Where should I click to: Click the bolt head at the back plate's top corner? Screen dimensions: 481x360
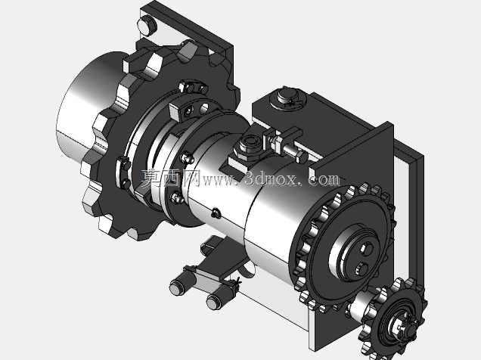(147, 25)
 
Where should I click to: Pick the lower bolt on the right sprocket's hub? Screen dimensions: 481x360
(362, 269)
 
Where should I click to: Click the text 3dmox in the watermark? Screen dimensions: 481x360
(272, 178)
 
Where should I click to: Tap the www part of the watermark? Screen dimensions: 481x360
(219, 180)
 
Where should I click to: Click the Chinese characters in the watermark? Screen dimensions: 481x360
(170, 178)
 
